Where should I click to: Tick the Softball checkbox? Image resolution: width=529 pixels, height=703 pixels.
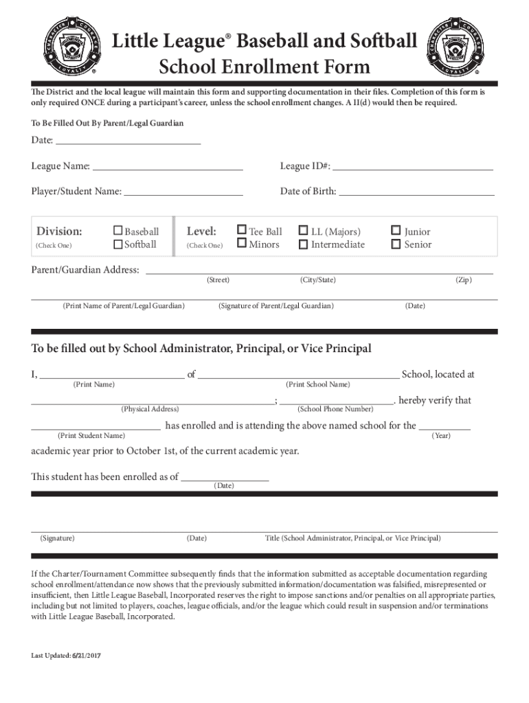[x=118, y=244]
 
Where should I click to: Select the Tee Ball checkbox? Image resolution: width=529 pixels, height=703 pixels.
[x=242, y=231]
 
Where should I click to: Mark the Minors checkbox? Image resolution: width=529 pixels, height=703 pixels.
[x=242, y=243]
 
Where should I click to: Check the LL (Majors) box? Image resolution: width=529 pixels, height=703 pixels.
[x=303, y=231]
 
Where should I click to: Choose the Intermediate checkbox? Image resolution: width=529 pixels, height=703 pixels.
[x=303, y=243]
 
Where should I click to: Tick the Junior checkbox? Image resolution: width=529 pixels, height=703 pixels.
[x=396, y=231]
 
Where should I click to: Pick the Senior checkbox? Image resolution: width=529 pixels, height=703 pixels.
[x=396, y=243]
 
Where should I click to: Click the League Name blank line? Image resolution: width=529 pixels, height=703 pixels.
[x=168, y=167]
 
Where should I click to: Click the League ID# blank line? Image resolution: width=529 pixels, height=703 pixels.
[x=413, y=167]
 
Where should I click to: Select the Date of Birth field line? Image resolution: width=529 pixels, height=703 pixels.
[x=416, y=192]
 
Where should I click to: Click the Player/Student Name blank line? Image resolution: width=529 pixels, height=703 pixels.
[x=183, y=192]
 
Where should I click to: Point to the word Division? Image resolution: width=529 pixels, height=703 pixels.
[x=59, y=231]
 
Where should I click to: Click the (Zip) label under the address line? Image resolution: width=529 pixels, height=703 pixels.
[x=464, y=280]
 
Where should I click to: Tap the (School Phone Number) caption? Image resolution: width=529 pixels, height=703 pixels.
[x=335, y=409]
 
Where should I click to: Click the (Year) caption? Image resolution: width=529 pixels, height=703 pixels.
[x=441, y=435]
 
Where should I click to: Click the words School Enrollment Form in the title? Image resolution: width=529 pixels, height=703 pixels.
[x=264, y=67]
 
